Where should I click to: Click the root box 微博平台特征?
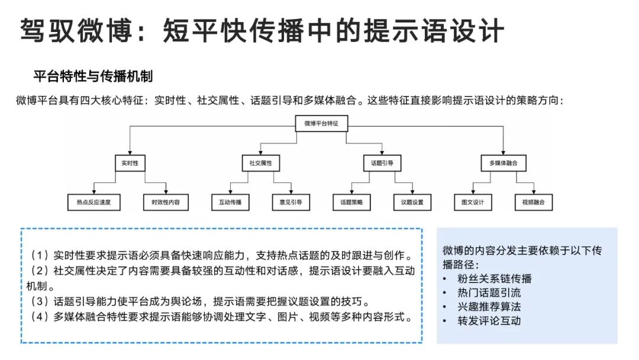321,124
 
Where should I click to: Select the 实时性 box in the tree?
130,163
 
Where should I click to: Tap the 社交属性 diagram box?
260,163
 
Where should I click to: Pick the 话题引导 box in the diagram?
382,163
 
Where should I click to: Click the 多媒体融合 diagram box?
504,163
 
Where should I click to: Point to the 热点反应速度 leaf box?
94,202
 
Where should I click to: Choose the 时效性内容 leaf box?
166,202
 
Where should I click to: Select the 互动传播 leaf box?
230,202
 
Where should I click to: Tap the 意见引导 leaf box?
291,202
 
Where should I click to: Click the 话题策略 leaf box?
351,202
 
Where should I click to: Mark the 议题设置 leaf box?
412,202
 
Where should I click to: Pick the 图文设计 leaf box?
473,202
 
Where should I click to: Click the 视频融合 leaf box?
533,202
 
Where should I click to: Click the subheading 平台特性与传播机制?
93,76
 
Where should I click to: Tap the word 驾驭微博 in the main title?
73,30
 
